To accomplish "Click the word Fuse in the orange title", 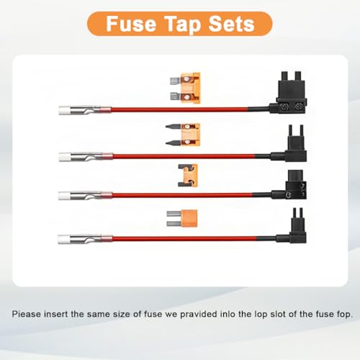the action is pos(131,24).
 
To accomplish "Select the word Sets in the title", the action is pos(231,24).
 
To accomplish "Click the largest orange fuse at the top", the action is pos(185,88).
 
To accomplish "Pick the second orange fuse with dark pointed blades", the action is pos(183,135).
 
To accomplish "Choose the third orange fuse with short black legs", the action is pos(188,175).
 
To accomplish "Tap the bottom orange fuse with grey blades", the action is pos(182,218).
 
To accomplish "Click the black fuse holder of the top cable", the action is pos(288,94).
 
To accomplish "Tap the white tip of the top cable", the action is pos(64,110).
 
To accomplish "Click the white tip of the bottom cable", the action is pos(63,239).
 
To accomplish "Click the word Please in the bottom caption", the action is pos(26,314).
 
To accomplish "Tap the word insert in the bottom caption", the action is pos(56,314).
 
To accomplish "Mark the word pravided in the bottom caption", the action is pos(199,315).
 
